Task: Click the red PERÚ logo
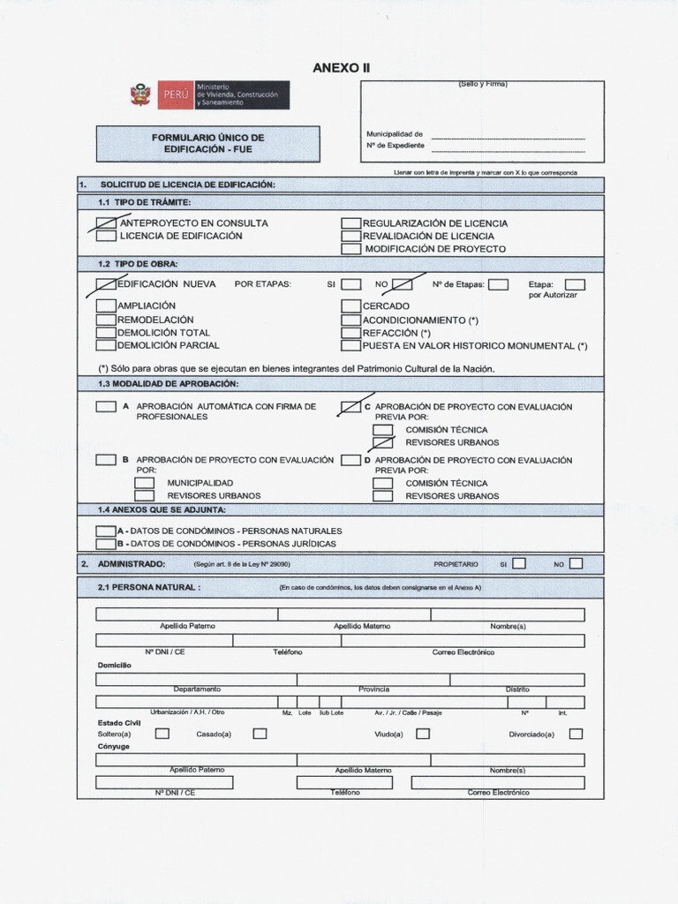(175, 94)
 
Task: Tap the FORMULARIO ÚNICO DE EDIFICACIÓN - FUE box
(207, 144)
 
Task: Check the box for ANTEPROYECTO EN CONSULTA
(106, 223)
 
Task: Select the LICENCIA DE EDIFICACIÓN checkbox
(106, 236)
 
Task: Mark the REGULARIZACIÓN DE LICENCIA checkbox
(350, 223)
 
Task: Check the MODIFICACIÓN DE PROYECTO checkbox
(350, 249)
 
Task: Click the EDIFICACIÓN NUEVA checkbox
(106, 284)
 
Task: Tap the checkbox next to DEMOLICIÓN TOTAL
(106, 333)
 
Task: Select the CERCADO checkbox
(350, 305)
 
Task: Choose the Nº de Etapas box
(498, 284)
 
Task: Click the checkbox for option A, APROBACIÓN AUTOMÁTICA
(106, 407)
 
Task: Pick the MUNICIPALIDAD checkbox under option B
(144, 483)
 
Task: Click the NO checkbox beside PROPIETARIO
(576, 563)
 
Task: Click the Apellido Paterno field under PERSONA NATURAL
(186, 614)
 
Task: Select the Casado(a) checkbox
(260, 734)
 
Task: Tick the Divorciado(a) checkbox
(576, 734)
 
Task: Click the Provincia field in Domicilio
(373, 680)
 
